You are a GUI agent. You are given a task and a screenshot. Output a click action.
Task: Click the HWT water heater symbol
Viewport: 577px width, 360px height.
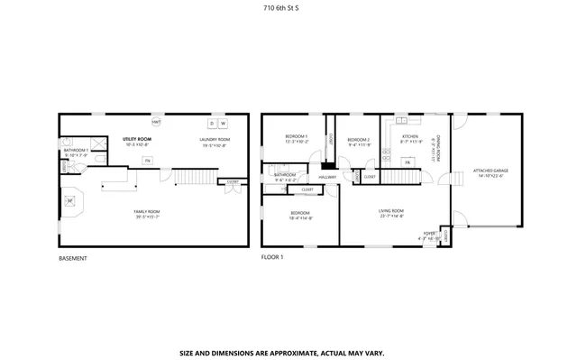pyautogui.click(x=156, y=122)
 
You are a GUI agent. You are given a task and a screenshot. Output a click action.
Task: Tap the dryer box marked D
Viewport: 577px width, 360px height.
pyautogui.click(x=213, y=123)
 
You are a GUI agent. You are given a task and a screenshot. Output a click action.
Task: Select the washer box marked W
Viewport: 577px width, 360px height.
pyautogui.click(x=224, y=123)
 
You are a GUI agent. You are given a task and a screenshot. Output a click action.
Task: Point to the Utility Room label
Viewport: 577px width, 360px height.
pyautogui.click(x=136, y=139)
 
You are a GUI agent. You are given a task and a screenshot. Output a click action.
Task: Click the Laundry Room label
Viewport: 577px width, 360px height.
pyautogui.click(x=215, y=139)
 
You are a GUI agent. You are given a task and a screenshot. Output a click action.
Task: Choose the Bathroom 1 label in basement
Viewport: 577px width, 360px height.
pyautogui.click(x=76, y=150)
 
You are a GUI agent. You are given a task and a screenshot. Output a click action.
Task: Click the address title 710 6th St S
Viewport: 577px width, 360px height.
pyautogui.click(x=288, y=6)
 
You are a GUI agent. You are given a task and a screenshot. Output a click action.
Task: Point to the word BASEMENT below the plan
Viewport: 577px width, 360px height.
pyautogui.click(x=72, y=257)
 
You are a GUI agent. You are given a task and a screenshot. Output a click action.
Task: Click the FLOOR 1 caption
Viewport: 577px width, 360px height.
pyautogui.click(x=271, y=257)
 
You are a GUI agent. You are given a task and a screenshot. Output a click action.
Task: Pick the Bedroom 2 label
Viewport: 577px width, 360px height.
pyautogui.click(x=359, y=139)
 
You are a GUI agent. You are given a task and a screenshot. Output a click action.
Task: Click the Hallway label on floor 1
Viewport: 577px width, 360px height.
pyautogui.click(x=326, y=177)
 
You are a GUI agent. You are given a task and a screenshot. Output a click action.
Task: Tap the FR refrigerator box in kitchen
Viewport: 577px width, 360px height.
pyautogui.click(x=408, y=162)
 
